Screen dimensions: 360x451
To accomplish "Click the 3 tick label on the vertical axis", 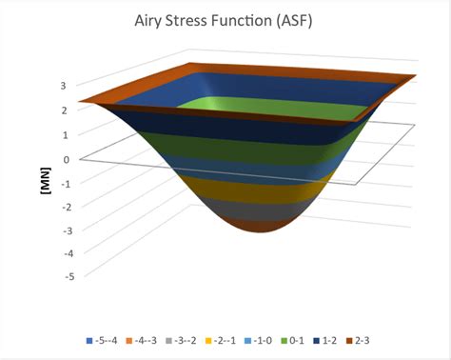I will [62, 86].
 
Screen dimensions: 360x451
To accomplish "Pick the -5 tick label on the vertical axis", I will [60, 276].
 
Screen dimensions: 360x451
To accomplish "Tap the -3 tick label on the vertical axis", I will [60, 230].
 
